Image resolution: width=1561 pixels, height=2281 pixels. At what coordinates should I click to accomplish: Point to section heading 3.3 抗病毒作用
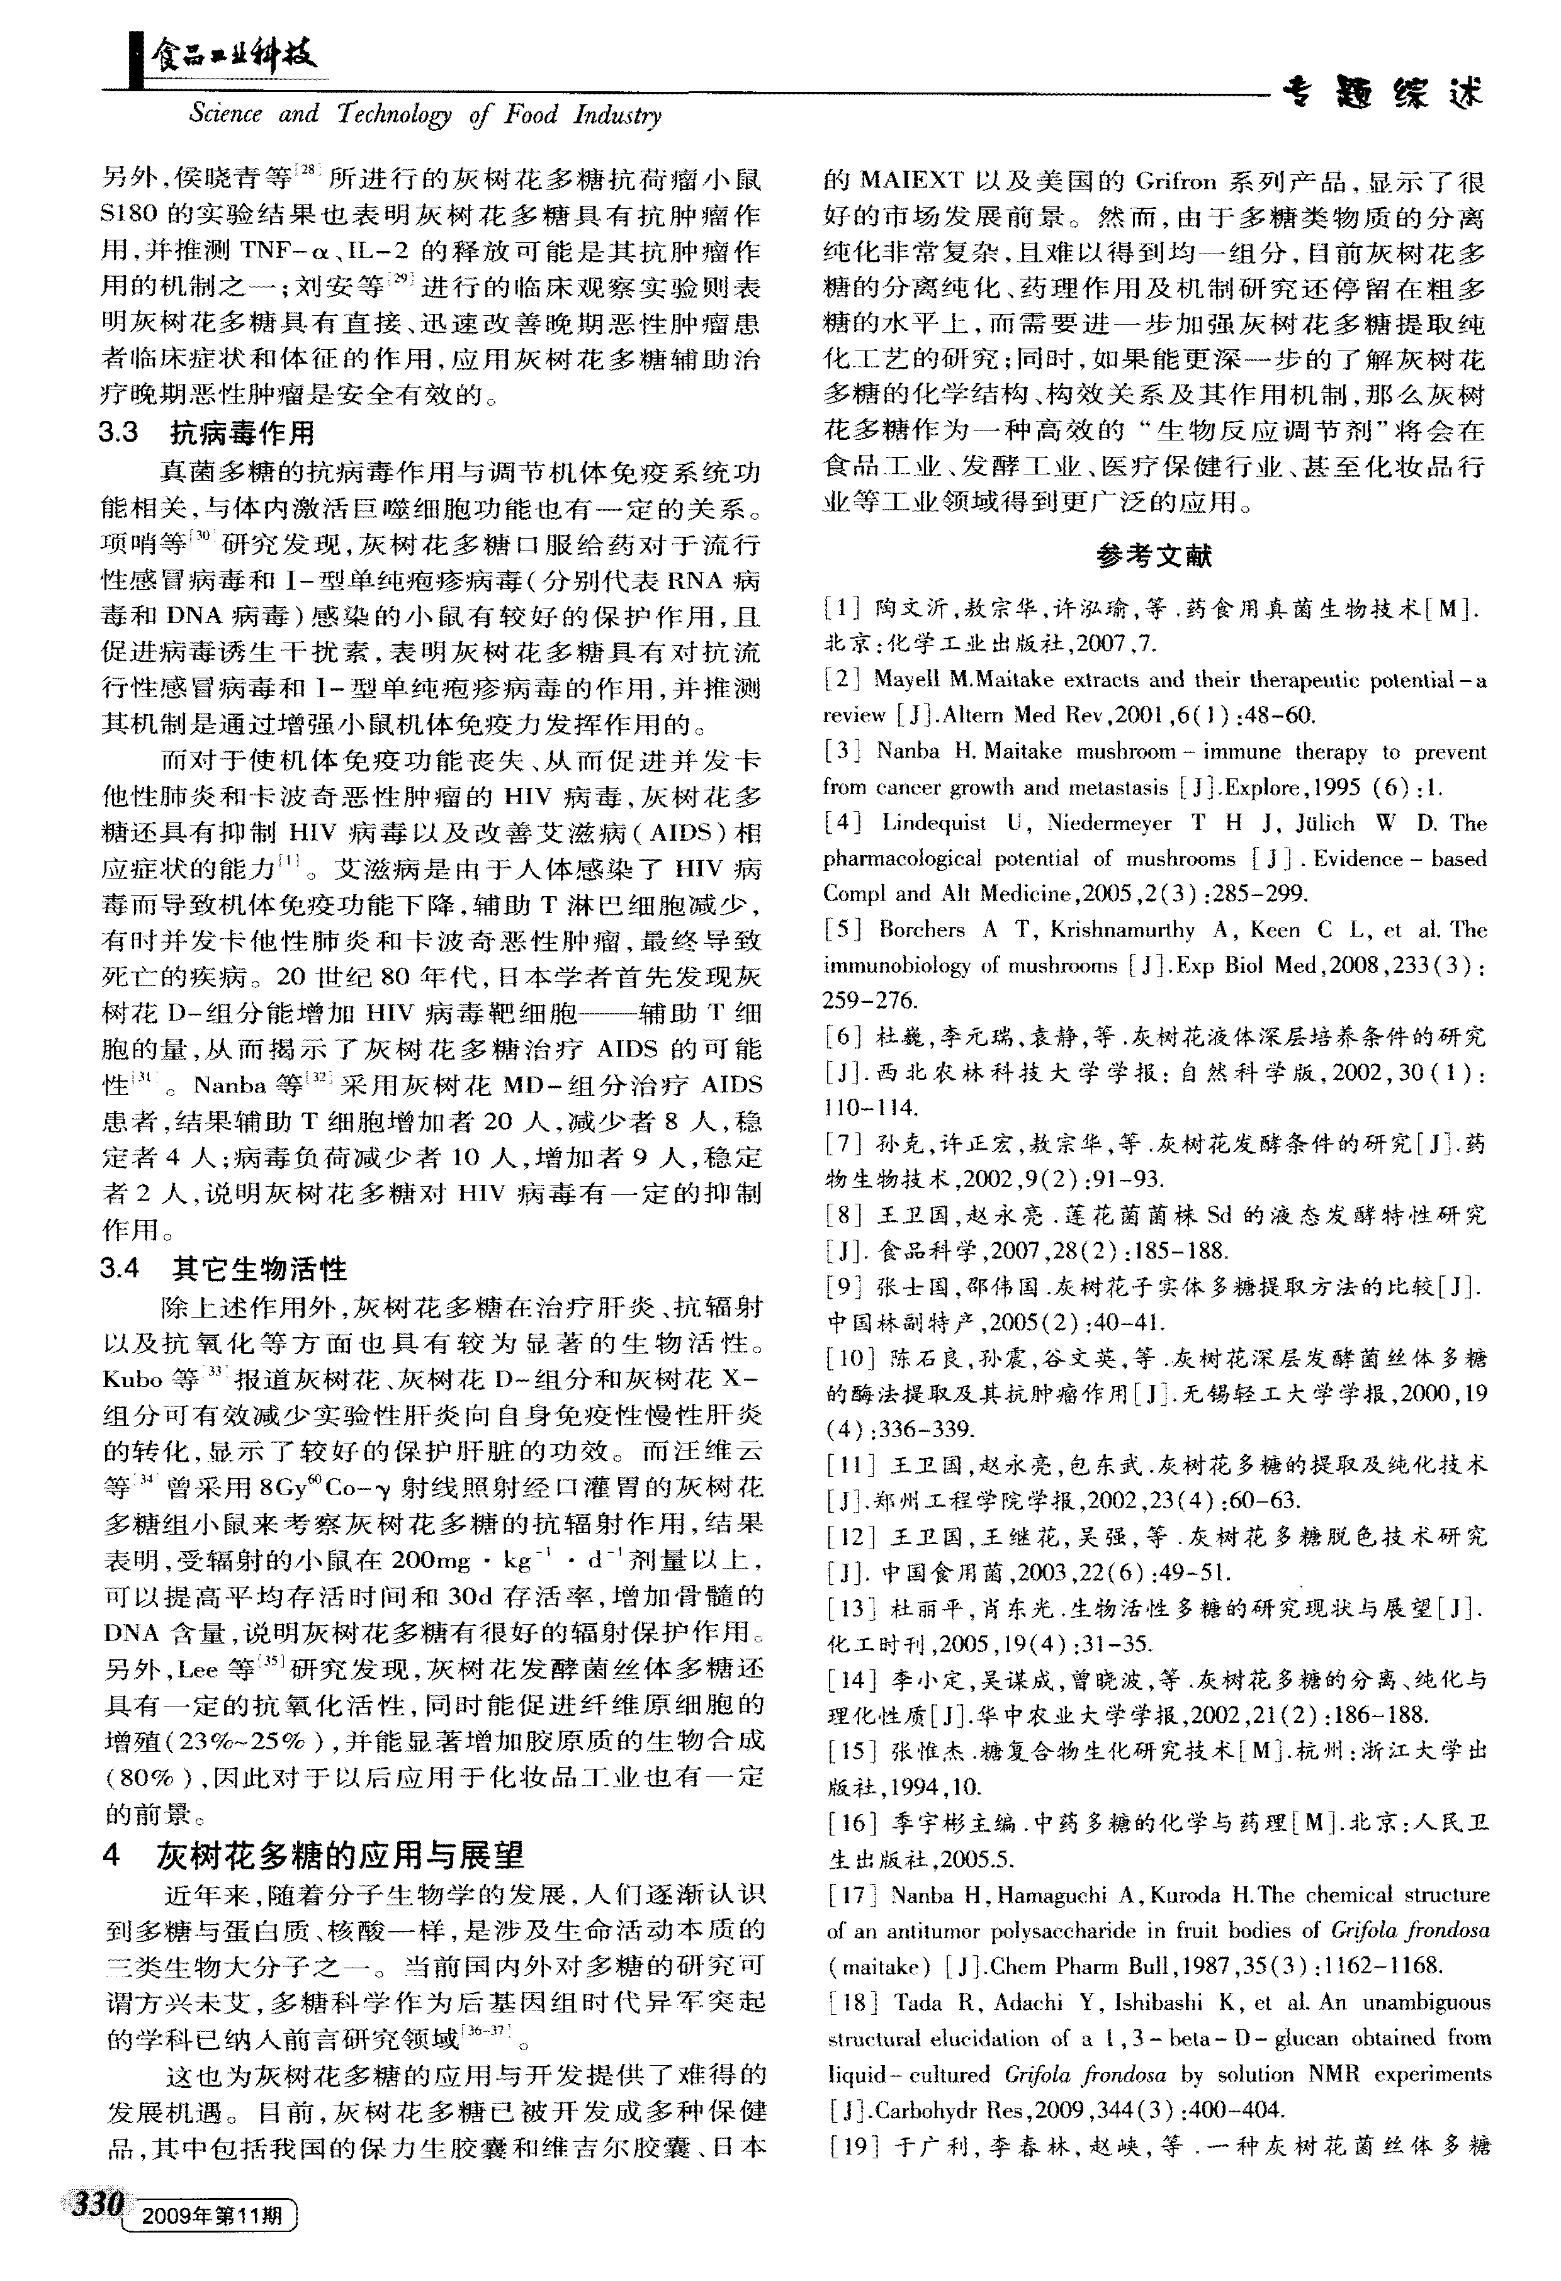(x=206, y=433)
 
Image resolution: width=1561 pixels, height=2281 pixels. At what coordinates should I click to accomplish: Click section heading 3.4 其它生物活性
(x=224, y=1269)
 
